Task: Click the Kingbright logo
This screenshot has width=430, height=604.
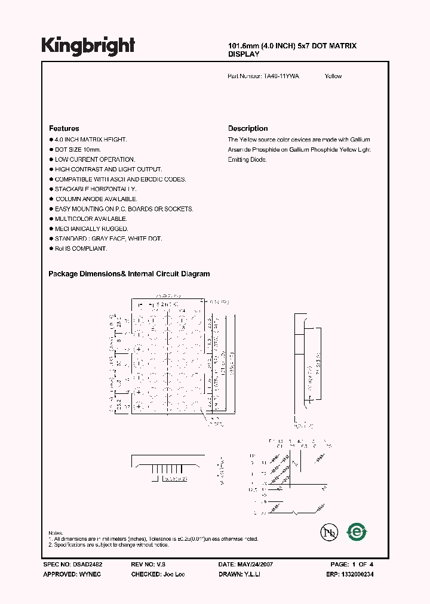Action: [x=88, y=46]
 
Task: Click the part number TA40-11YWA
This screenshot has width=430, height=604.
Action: [x=282, y=76]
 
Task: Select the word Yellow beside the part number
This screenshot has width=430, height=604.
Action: [x=333, y=76]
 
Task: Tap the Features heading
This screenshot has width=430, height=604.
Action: [x=64, y=128]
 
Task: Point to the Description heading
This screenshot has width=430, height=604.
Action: [x=248, y=128]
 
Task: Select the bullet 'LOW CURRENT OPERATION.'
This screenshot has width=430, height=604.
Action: [x=95, y=159]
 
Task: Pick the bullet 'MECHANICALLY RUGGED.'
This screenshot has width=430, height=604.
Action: [x=91, y=229]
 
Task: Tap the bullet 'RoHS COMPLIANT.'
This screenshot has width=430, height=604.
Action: [x=81, y=248]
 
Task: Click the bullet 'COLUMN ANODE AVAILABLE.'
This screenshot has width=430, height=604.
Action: [x=96, y=199]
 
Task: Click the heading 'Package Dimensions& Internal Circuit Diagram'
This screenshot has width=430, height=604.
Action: [x=129, y=274]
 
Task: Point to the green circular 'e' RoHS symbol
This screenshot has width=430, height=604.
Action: [x=357, y=531]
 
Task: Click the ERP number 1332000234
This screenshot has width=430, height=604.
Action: [x=358, y=574]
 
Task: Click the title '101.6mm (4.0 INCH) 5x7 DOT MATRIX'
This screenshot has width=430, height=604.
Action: [x=293, y=46]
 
